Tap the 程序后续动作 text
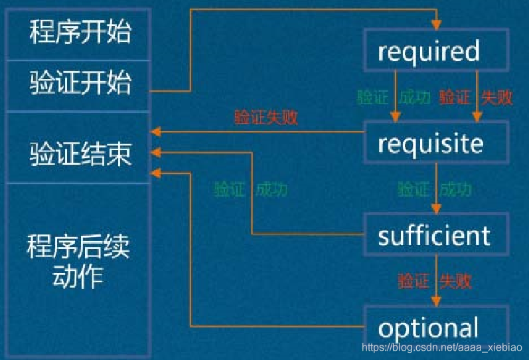(78, 262)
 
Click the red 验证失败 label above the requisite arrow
(266, 118)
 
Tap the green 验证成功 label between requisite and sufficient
(435, 189)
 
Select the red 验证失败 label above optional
(435, 281)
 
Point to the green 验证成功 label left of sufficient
(250, 189)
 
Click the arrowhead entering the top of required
(436, 26)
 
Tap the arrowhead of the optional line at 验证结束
(157, 174)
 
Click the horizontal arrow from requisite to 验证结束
(259, 132)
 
